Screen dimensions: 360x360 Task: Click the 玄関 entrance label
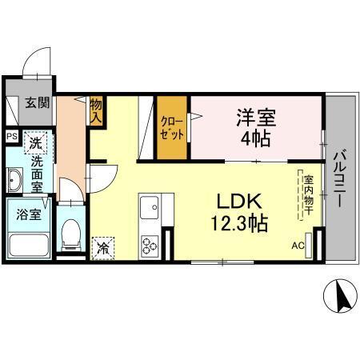pyautogui.click(x=36, y=102)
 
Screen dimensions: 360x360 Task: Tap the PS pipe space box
pyautogui.click(x=11, y=136)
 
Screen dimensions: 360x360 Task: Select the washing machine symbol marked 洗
pyautogui.click(x=35, y=142)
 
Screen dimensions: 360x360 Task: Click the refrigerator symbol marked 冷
pyautogui.click(x=103, y=248)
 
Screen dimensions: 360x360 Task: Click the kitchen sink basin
pyautogui.click(x=150, y=210)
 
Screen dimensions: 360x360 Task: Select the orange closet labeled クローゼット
pyautogui.click(x=173, y=128)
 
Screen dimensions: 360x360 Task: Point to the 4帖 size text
pyautogui.click(x=255, y=138)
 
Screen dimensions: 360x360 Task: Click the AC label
pyautogui.click(x=298, y=246)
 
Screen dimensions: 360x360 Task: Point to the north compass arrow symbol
pyautogui.click(x=340, y=298)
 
